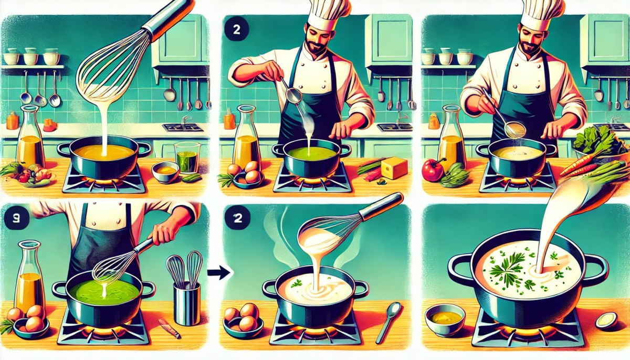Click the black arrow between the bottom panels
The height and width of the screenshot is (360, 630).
[219, 272]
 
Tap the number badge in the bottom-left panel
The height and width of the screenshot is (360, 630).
[17, 218]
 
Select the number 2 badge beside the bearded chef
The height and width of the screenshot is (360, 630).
[237, 30]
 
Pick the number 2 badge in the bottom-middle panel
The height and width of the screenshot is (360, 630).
[238, 218]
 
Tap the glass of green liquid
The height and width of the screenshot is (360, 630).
[187, 158]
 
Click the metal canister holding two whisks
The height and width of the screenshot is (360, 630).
[187, 303]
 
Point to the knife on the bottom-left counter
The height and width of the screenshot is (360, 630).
[169, 328]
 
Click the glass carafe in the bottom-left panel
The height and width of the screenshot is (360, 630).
[29, 276]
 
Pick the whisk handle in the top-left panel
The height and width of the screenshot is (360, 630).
[169, 18]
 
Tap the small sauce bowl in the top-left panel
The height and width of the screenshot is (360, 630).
[165, 172]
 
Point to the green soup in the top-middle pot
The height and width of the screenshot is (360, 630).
[312, 153]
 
